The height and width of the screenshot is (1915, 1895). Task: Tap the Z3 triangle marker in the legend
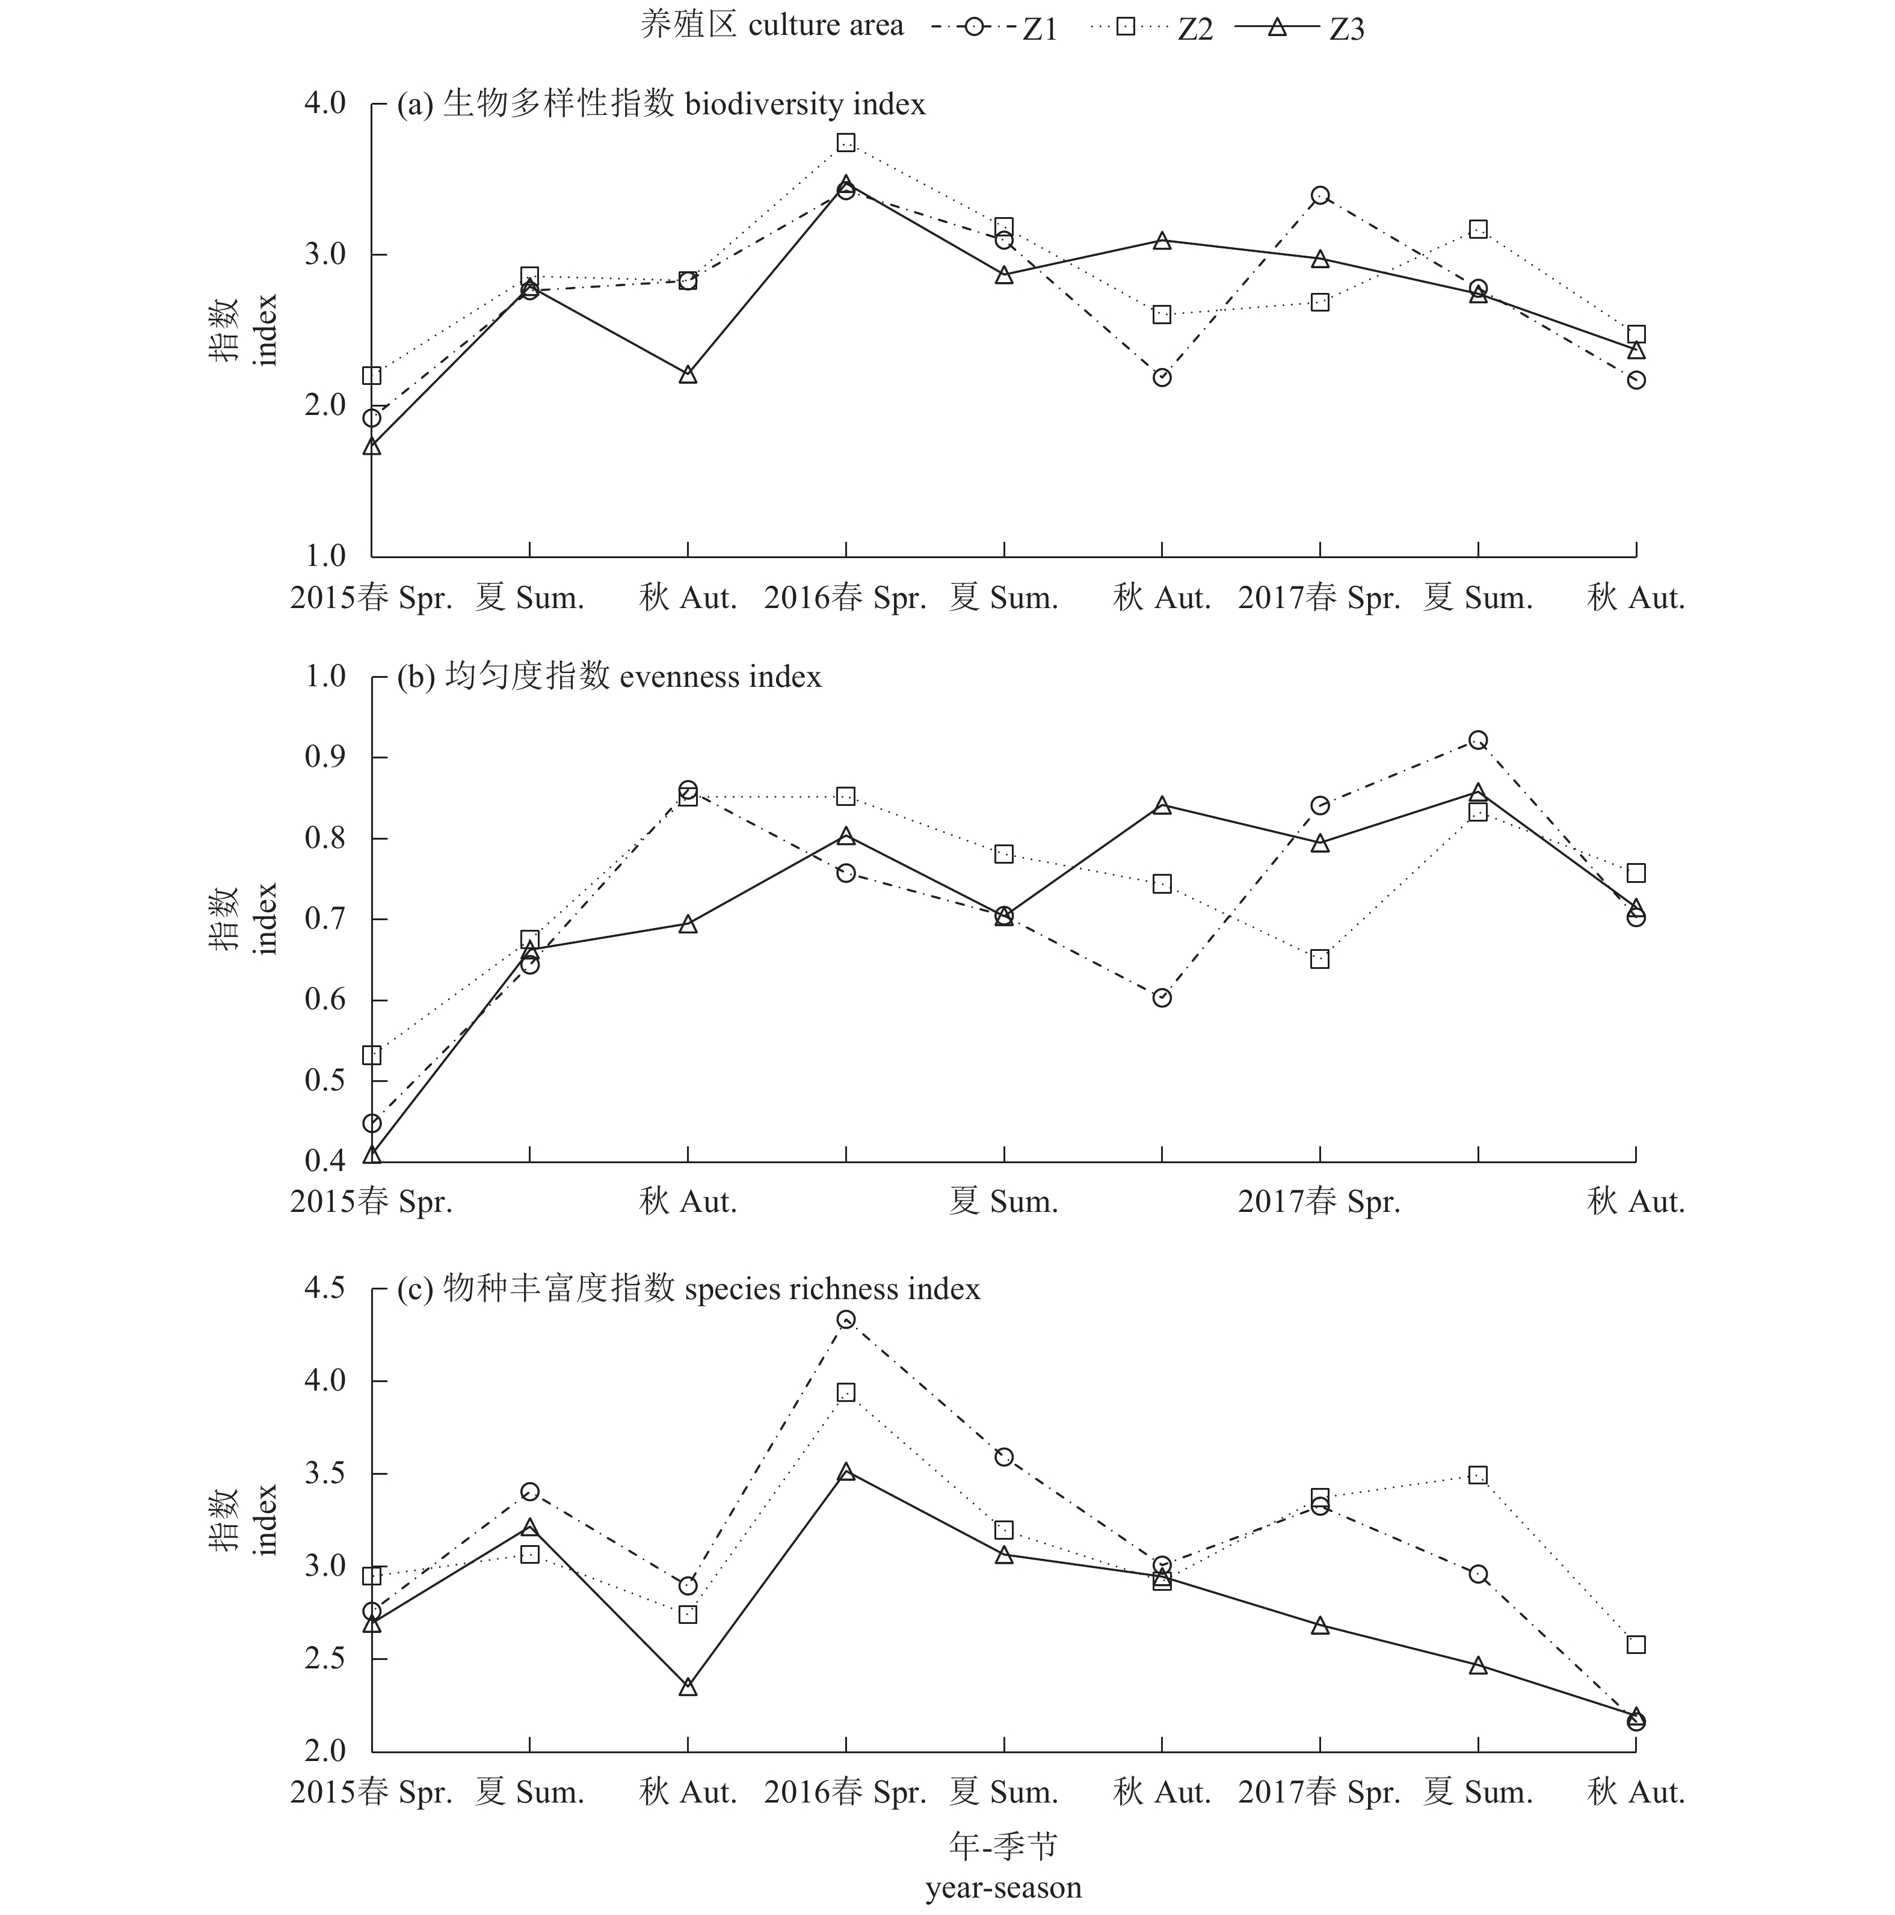tap(1277, 26)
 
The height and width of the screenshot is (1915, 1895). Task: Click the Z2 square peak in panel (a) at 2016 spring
tap(846, 143)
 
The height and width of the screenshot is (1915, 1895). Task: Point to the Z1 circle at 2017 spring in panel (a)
tap(1320, 195)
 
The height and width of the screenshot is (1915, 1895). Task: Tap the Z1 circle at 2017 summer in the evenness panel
tap(1477, 739)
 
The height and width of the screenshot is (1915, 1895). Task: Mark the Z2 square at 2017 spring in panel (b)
tap(1320, 959)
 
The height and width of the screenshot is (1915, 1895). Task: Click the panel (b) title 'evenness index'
tap(721, 676)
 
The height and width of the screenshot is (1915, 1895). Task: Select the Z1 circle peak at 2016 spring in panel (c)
tap(846, 1320)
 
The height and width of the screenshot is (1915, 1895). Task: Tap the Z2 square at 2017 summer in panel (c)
tap(1477, 1475)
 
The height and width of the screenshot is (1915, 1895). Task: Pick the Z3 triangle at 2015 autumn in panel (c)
tap(688, 1687)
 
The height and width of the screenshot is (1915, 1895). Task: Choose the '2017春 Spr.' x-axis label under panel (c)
tap(1320, 1792)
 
